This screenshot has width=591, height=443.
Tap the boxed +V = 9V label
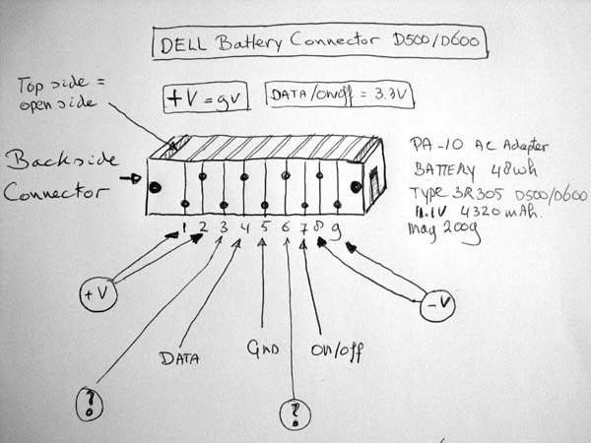tap(205, 96)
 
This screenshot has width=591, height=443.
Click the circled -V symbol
tap(436, 308)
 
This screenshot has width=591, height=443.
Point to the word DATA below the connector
tap(177, 358)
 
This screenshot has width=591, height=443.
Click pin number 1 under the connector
tap(184, 228)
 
